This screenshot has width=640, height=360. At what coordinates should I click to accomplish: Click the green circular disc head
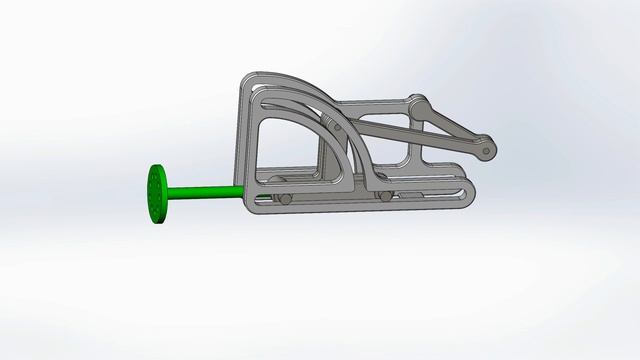point(157,193)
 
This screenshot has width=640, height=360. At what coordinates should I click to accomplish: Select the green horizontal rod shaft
point(205,190)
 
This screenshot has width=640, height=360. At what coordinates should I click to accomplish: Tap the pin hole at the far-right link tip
point(487,152)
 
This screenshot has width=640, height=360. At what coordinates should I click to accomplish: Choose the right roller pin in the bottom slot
point(385,194)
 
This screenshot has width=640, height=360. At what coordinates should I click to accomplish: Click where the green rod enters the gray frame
point(243,189)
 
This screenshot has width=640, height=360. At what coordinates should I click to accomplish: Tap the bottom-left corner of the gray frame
point(248,211)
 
